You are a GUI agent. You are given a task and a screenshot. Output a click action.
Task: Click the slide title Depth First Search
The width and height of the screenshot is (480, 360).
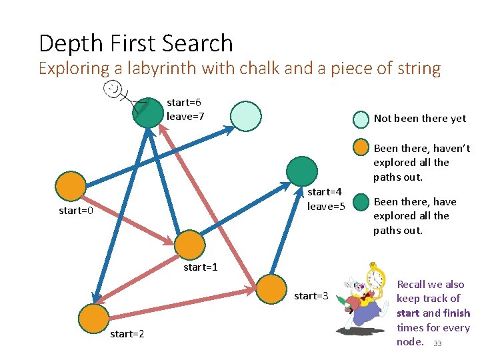[136, 43]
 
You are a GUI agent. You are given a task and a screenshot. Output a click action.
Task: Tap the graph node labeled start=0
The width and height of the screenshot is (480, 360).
[71, 187]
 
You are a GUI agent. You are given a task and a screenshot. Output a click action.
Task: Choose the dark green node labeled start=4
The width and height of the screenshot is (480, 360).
[302, 171]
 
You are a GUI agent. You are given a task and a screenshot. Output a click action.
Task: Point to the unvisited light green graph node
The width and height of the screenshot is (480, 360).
[246, 115]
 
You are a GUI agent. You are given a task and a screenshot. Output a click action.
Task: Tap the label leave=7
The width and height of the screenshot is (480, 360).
[185, 117]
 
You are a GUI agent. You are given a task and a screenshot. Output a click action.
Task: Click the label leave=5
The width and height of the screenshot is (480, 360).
[325, 207]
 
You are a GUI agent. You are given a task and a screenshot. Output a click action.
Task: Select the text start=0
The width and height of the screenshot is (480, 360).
[75, 211]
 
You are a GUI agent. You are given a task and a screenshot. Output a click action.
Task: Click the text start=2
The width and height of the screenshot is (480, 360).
[127, 333]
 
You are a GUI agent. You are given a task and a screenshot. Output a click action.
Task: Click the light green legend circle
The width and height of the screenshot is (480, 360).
[361, 119]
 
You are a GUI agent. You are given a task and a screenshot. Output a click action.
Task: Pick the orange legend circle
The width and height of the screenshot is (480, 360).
[361, 148]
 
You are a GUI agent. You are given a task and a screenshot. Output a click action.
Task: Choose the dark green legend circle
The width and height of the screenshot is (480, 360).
[361, 201]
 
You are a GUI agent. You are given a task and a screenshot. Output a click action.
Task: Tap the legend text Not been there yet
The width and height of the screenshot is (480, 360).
[420, 119]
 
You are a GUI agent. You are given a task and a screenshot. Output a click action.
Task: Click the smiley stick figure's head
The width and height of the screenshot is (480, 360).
[114, 88]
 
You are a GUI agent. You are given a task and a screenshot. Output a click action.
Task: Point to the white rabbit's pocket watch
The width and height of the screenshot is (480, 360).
[375, 278]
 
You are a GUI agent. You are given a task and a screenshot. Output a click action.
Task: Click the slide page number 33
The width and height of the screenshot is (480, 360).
[437, 343]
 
